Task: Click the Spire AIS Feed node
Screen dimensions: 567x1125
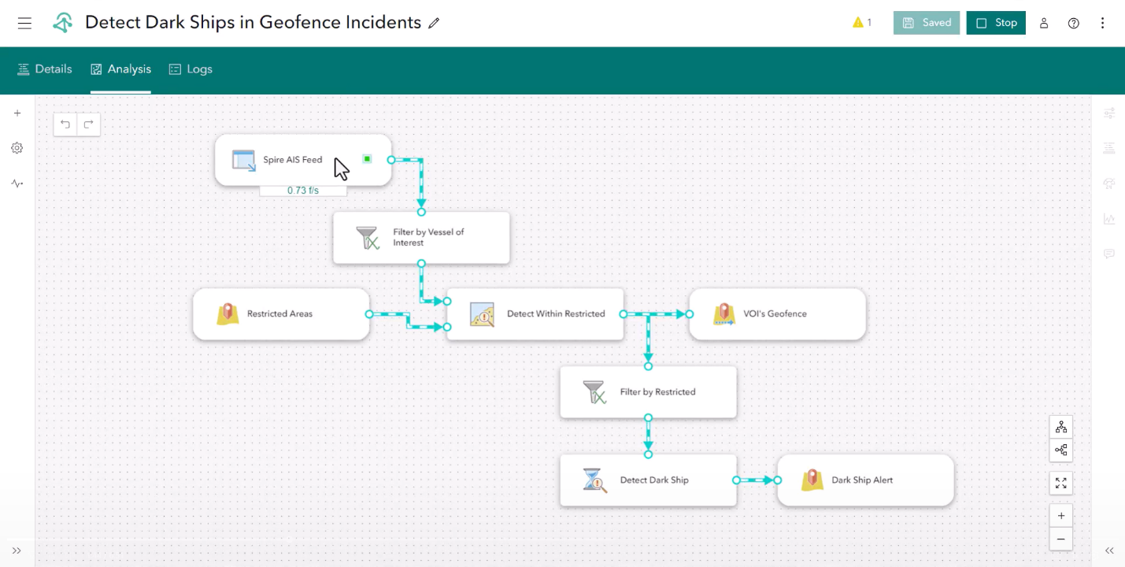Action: [x=292, y=160]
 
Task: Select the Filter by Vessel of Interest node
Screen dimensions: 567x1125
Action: [x=421, y=237]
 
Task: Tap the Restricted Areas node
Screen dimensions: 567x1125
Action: [x=280, y=313]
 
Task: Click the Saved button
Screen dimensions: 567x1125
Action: [x=927, y=23]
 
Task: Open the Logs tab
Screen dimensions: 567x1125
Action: [x=191, y=69]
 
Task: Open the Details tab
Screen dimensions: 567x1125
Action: [x=45, y=69]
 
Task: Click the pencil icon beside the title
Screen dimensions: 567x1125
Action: [x=434, y=24]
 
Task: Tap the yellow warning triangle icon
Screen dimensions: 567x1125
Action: [x=858, y=23]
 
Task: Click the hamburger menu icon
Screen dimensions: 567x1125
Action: [x=24, y=23]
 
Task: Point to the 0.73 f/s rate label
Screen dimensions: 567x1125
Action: [x=303, y=191]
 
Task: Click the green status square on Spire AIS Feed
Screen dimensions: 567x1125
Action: [x=367, y=159]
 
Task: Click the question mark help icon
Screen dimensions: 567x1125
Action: [x=1074, y=23]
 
